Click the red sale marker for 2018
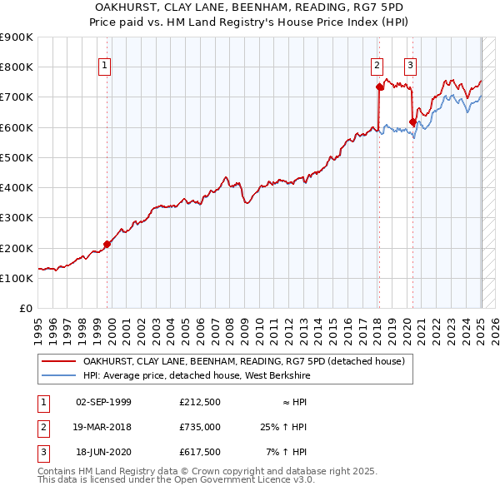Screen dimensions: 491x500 tap(380, 87)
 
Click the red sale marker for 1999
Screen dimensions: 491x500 tap(107, 244)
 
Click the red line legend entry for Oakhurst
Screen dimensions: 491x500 tap(242, 361)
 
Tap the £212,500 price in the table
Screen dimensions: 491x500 tap(200, 403)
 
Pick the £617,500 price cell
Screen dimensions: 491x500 tap(200, 452)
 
